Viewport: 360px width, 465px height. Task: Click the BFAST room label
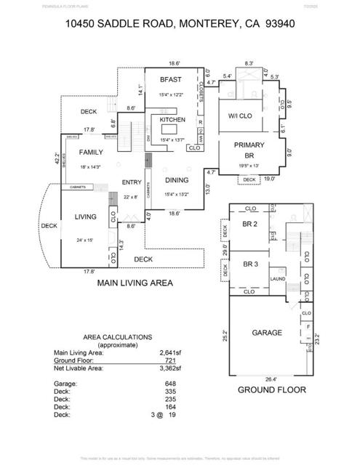[x=170, y=79]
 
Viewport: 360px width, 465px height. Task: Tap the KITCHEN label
[x=172, y=120]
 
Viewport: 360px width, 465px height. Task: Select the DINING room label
[x=176, y=180]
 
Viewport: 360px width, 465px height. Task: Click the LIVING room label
[x=87, y=217]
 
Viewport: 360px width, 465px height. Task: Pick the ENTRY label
[x=132, y=182]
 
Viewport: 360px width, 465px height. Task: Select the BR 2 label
[x=250, y=225]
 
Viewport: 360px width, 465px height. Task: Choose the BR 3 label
[x=250, y=264]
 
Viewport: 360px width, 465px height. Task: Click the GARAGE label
[x=267, y=332]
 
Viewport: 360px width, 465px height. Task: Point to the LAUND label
[x=277, y=278]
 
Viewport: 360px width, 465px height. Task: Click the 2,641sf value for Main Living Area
[x=170, y=353]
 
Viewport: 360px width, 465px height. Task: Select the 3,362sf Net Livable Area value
[x=170, y=368]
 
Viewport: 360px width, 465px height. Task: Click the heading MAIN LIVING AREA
[x=135, y=283]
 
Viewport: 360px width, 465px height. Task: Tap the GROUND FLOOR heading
[x=271, y=389]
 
